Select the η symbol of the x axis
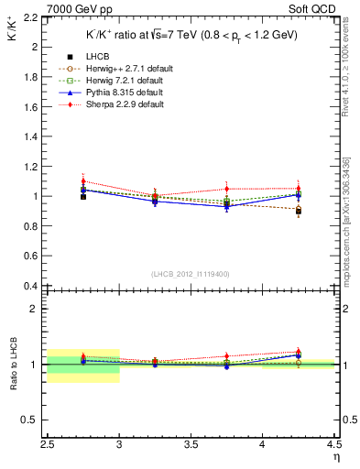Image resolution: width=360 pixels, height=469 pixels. tap(334, 456)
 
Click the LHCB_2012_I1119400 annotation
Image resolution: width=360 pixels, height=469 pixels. tap(191, 274)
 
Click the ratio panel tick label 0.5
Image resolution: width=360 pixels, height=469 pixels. tap(29, 420)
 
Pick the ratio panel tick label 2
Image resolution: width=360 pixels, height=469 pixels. tap(33, 309)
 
